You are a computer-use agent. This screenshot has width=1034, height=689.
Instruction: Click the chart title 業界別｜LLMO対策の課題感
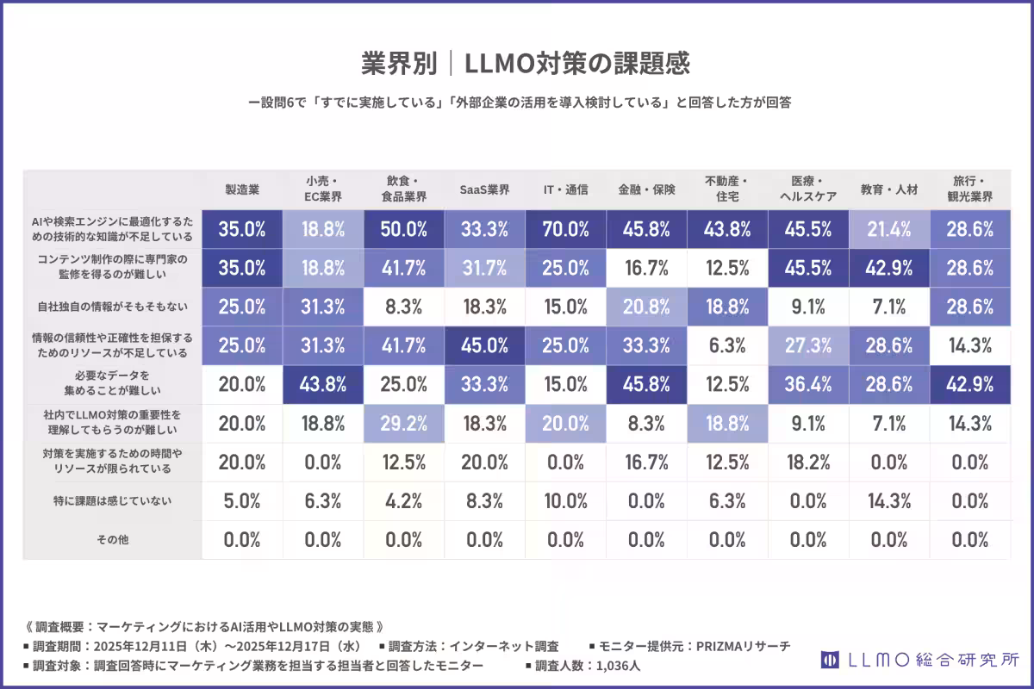[x=525, y=64]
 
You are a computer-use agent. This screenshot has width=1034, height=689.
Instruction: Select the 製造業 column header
[x=242, y=189]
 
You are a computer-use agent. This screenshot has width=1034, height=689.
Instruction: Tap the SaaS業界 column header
[x=484, y=189]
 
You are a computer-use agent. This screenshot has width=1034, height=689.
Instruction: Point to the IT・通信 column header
[x=565, y=189]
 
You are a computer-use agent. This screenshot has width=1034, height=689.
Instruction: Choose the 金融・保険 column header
[x=646, y=189]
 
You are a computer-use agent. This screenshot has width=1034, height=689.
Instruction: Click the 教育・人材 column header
[x=888, y=189]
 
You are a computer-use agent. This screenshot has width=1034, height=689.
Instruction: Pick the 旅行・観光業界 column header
[x=970, y=189]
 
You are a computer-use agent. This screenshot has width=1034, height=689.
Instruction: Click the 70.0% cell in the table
[x=565, y=229]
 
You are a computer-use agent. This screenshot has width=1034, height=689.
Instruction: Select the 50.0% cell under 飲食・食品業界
[x=404, y=229]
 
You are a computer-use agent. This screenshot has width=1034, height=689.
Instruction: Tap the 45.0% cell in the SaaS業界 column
[x=484, y=345]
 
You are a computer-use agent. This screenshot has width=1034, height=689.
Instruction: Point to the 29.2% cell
[x=404, y=423]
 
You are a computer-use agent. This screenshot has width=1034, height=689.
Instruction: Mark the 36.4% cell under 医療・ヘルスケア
[x=808, y=384]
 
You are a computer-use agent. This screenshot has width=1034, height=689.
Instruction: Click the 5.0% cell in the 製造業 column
[x=242, y=500]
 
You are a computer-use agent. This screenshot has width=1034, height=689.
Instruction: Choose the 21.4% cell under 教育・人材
[x=888, y=229]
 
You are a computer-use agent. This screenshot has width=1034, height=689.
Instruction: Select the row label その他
[x=112, y=540]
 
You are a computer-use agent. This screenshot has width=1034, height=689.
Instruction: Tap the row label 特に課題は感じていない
[x=112, y=500]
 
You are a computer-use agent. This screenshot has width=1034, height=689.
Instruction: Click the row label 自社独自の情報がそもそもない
[x=112, y=306]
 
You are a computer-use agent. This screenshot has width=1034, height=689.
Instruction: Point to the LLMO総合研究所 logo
[x=919, y=660]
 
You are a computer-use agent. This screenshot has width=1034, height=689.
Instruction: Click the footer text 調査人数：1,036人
[x=582, y=666]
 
